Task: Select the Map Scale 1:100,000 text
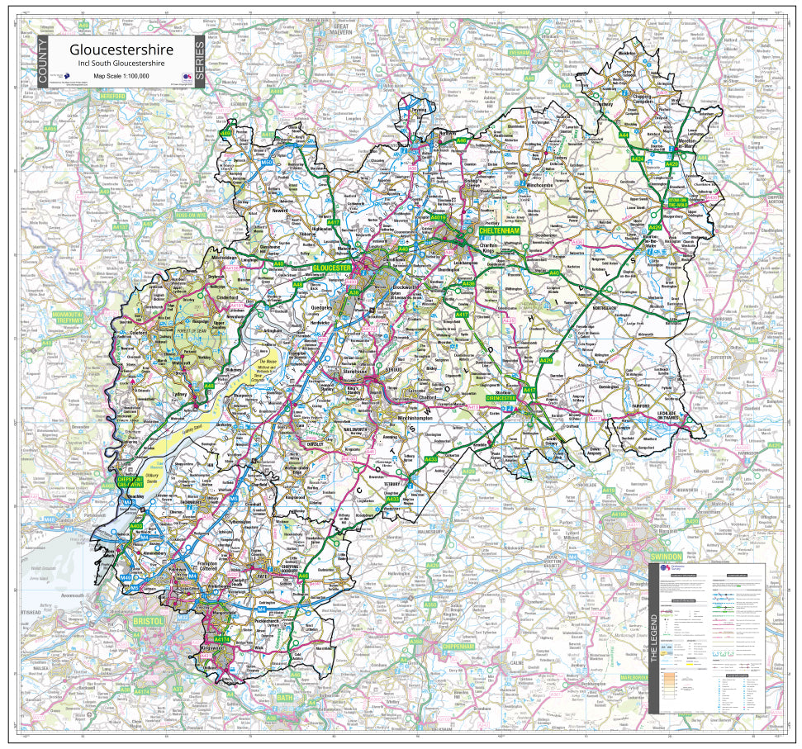point(121,75)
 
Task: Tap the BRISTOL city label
point(149,620)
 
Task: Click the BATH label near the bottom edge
point(285,698)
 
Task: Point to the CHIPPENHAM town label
point(461,647)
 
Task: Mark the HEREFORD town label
point(106,97)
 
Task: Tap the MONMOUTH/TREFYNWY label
point(68,318)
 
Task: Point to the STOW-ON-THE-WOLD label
point(677,196)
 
